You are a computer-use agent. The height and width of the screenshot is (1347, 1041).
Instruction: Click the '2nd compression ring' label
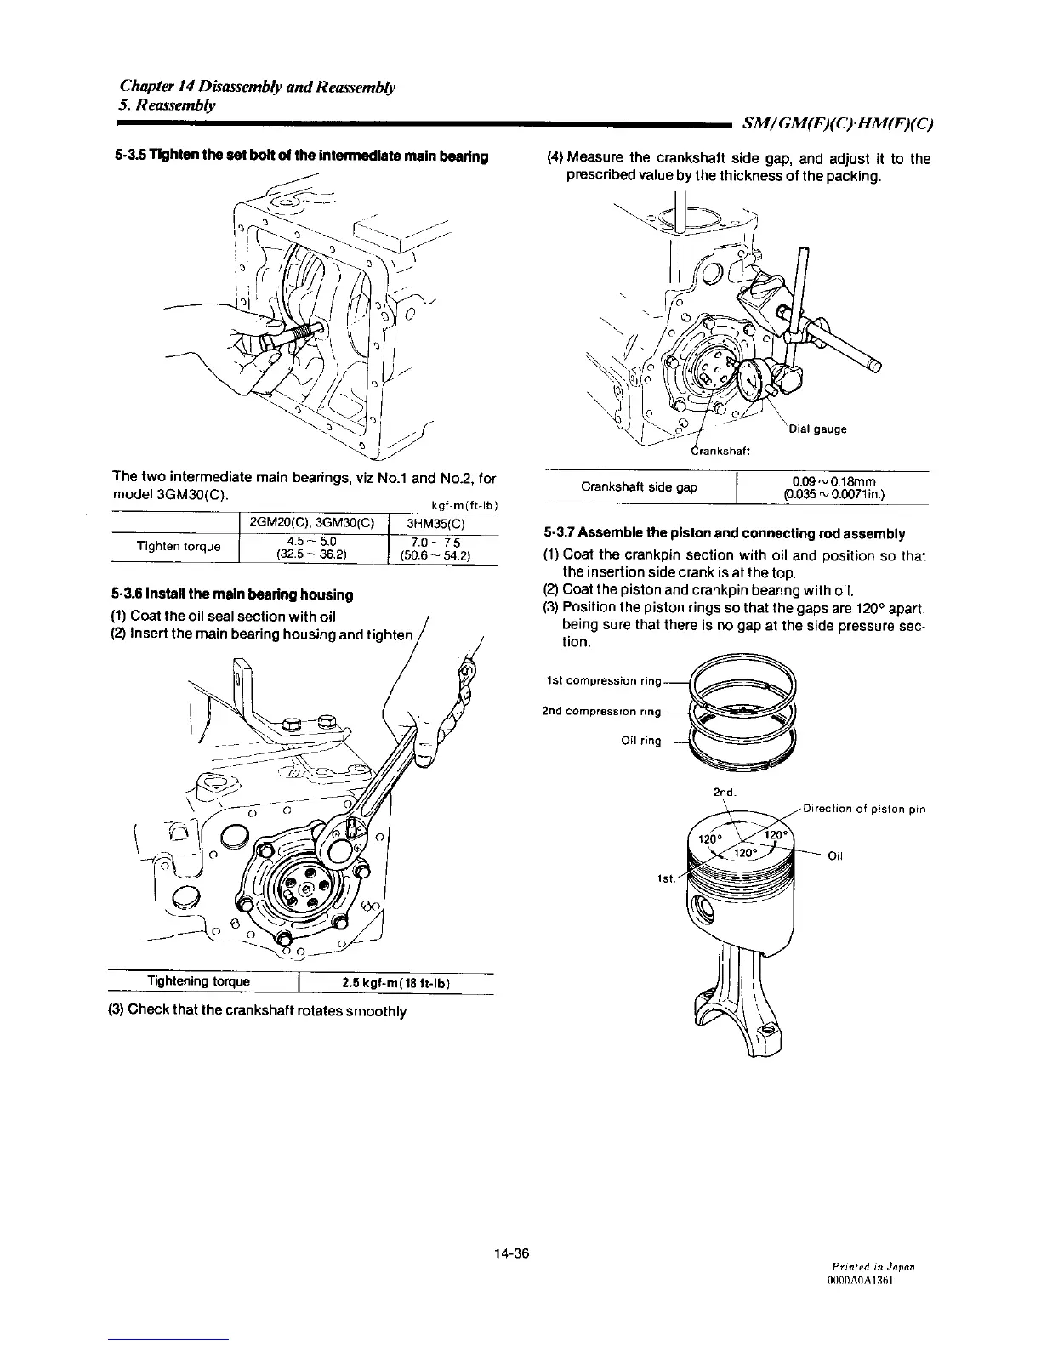(601, 711)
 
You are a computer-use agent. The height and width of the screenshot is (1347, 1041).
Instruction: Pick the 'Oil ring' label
(640, 741)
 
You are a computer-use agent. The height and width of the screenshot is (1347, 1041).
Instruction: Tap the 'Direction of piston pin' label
(864, 809)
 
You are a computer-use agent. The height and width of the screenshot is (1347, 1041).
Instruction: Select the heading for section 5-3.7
(724, 534)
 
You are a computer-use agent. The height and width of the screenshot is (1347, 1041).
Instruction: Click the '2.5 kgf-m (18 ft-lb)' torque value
(395, 983)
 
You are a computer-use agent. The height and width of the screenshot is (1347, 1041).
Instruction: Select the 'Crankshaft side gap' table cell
(639, 487)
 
